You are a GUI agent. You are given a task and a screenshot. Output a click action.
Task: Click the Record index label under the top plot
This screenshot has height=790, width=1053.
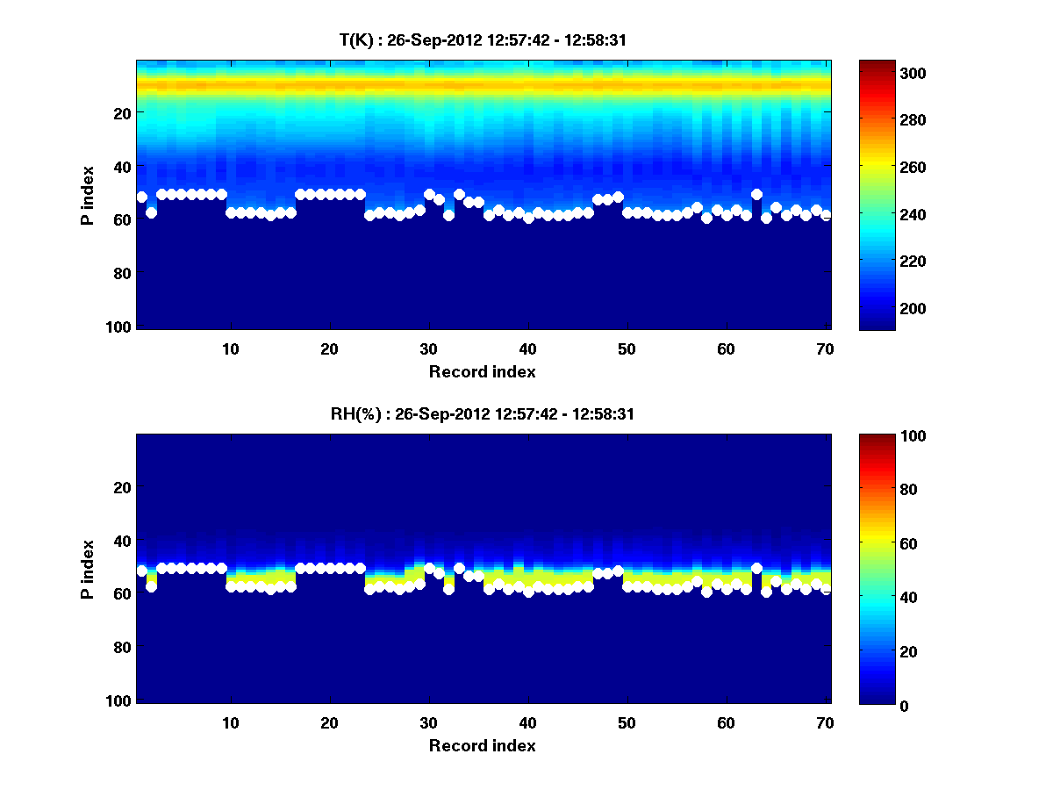tap(483, 371)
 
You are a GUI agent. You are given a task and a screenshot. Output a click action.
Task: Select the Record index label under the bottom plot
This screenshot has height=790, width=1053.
tap(483, 745)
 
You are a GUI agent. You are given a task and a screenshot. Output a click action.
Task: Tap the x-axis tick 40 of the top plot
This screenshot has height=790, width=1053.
tap(527, 348)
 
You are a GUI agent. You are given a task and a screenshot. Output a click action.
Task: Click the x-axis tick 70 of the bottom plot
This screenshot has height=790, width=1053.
tap(825, 722)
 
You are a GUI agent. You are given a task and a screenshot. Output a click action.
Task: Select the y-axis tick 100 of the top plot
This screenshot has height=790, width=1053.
tap(120, 327)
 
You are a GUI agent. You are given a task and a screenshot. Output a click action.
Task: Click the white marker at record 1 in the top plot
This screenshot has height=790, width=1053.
tap(142, 197)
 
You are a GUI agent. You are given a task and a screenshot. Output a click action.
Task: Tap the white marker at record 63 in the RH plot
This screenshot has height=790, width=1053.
tap(756, 568)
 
